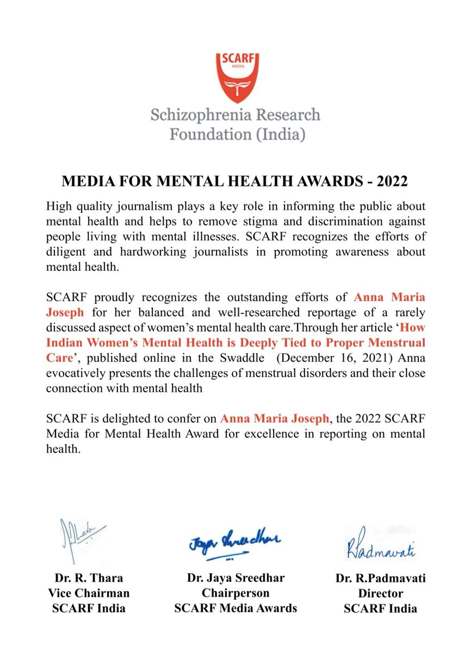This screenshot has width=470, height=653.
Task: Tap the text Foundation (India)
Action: [x=235, y=133]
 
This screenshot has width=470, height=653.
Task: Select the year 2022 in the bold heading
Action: [x=389, y=181]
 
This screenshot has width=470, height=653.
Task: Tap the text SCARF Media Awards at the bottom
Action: [x=236, y=608]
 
